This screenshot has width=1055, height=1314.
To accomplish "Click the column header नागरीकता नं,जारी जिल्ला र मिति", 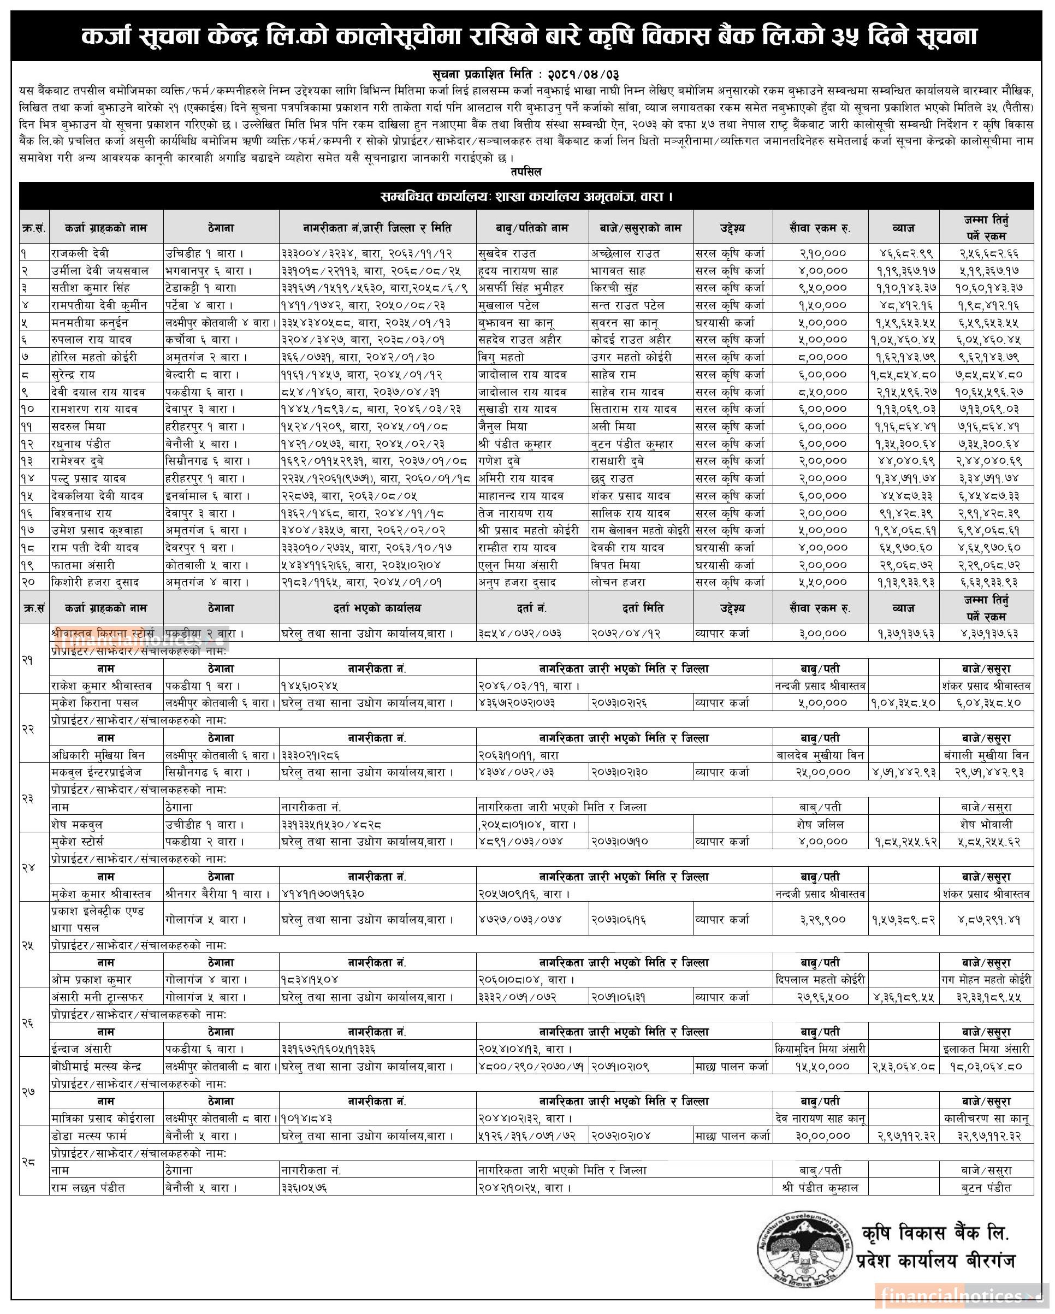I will pos(377,228).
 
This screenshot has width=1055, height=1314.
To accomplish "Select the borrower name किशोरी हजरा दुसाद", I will pos(96,582).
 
